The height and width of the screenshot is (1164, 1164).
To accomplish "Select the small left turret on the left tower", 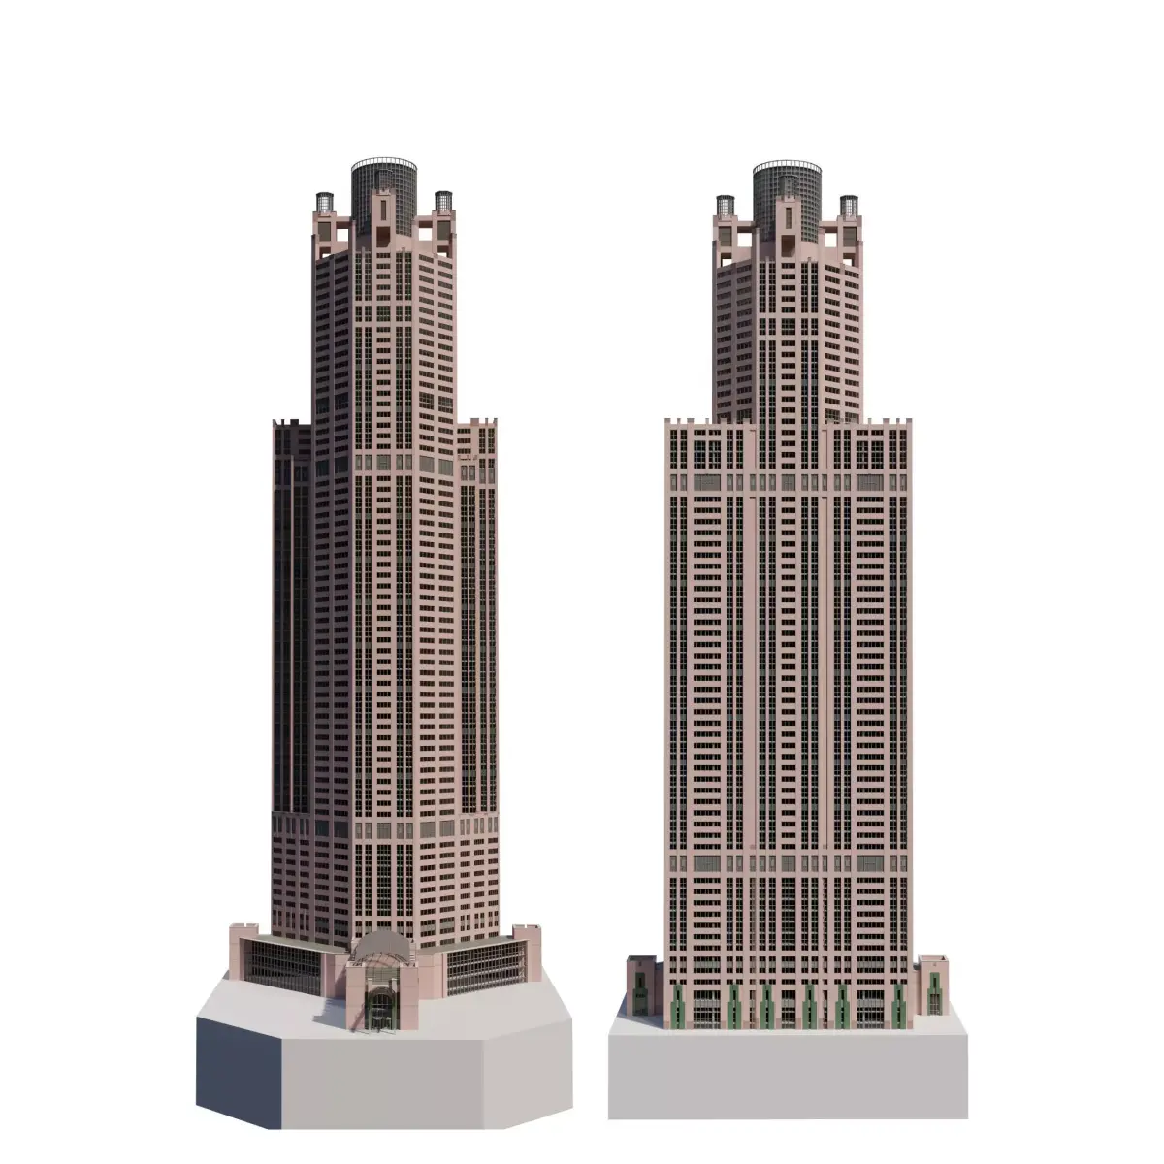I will click(324, 203).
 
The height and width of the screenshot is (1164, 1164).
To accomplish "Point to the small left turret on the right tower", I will click(726, 206).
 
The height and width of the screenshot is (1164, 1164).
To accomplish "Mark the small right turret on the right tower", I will click(849, 206).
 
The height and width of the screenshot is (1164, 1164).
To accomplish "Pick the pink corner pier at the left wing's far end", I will click(240, 951).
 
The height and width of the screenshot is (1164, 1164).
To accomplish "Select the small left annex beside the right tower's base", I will click(640, 985).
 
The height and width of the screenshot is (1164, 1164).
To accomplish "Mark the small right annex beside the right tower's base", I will click(933, 985).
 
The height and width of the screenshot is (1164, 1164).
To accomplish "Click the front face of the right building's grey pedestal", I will click(788, 1072).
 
